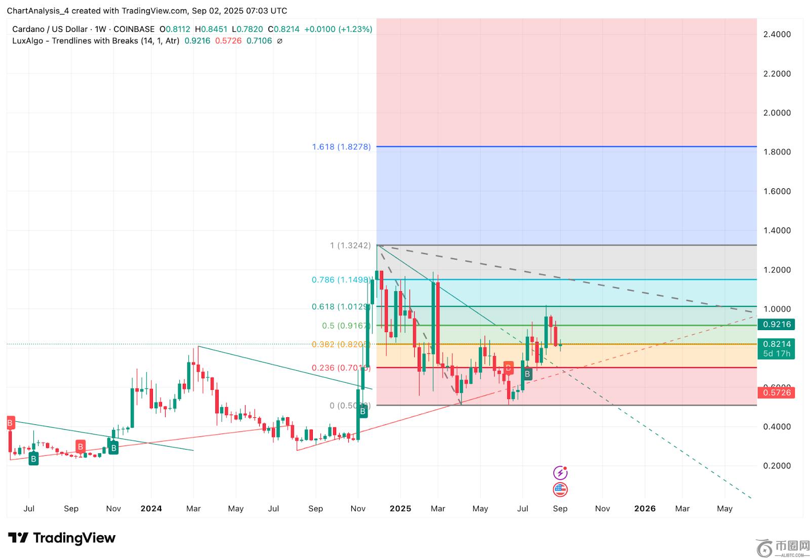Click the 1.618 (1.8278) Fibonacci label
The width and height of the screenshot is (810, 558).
pyautogui.click(x=341, y=147)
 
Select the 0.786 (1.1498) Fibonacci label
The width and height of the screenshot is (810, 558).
pyautogui.click(x=341, y=280)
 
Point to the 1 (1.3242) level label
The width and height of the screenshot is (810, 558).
pyautogui.click(x=350, y=246)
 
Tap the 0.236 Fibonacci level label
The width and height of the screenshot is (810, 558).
pyautogui.click(x=341, y=368)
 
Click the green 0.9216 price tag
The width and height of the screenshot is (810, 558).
pyautogui.click(x=777, y=324)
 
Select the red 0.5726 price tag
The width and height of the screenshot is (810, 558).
pyautogui.click(x=777, y=392)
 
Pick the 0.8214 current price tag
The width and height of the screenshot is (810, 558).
pyautogui.click(x=777, y=344)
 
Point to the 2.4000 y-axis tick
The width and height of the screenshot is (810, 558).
pyautogui.click(x=777, y=34)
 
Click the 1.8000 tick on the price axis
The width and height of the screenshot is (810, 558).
pyautogui.click(x=777, y=152)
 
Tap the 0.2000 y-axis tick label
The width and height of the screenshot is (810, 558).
pyautogui.click(x=777, y=466)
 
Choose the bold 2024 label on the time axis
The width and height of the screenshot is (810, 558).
pyautogui.click(x=151, y=508)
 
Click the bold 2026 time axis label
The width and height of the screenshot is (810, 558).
pyautogui.click(x=644, y=508)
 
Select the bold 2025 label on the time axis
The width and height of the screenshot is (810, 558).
pyautogui.click(x=400, y=508)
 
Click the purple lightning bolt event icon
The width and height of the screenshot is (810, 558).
pyautogui.click(x=560, y=473)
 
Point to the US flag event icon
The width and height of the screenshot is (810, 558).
pyautogui.click(x=560, y=490)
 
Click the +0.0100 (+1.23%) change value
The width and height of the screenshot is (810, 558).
pyautogui.click(x=338, y=29)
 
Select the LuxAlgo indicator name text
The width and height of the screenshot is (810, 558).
pyautogui.click(x=95, y=41)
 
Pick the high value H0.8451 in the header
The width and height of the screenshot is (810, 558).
pyautogui.click(x=211, y=29)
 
